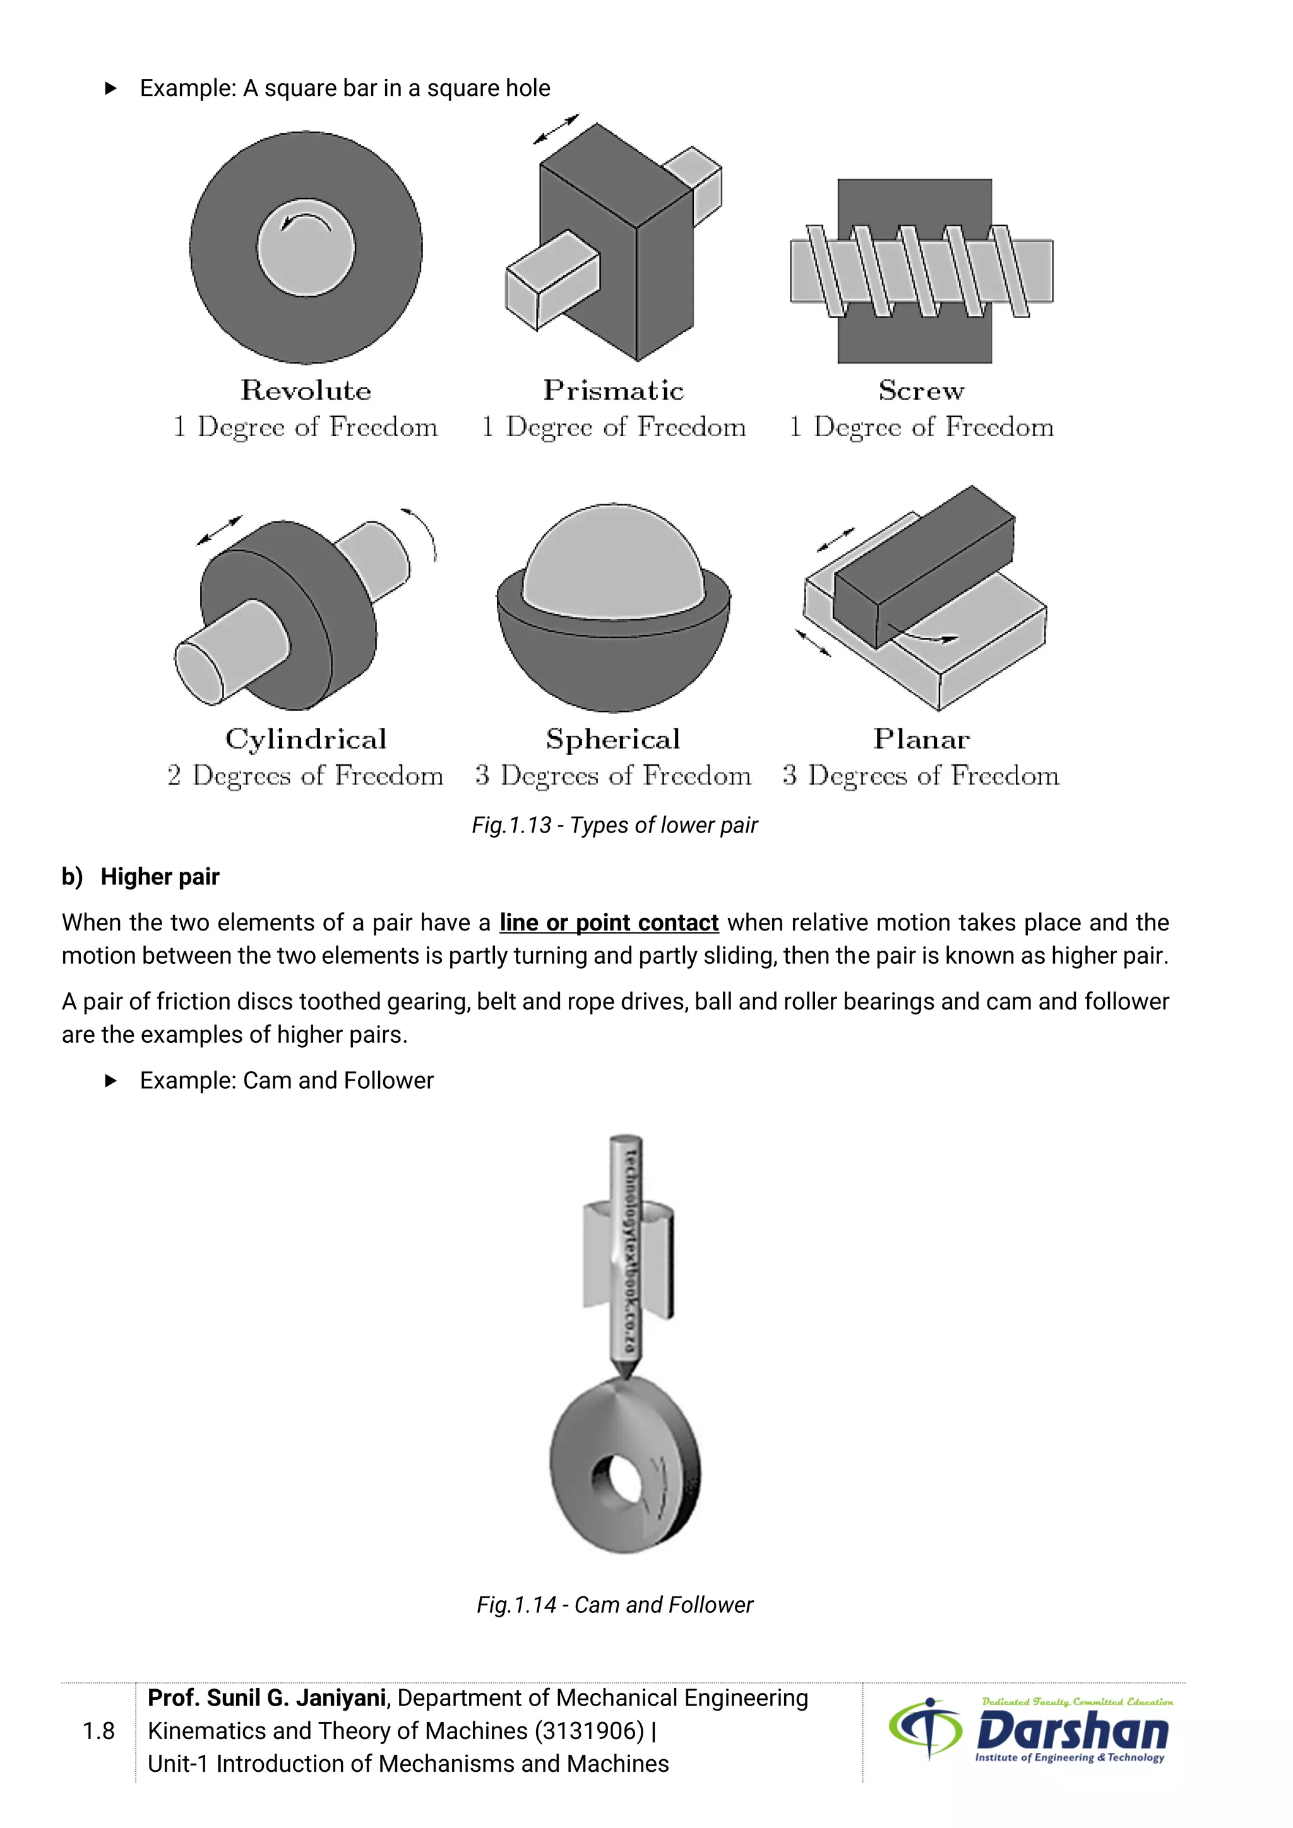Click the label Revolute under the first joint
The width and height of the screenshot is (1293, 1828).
tap(306, 390)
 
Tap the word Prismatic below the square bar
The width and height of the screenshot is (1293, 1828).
tap(613, 390)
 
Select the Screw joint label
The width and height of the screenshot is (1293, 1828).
tap(921, 390)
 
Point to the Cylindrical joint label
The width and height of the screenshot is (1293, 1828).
tap(306, 739)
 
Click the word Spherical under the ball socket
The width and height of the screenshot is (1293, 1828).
tap(613, 739)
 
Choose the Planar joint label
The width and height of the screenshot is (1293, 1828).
tap(921, 739)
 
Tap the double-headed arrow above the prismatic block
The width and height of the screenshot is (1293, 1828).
tap(556, 129)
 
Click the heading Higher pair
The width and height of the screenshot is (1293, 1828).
tap(159, 877)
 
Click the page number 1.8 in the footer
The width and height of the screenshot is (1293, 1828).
tap(98, 1731)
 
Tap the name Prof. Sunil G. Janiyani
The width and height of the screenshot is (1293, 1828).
tap(266, 1697)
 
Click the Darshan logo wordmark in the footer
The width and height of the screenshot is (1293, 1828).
tap(1071, 1731)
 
